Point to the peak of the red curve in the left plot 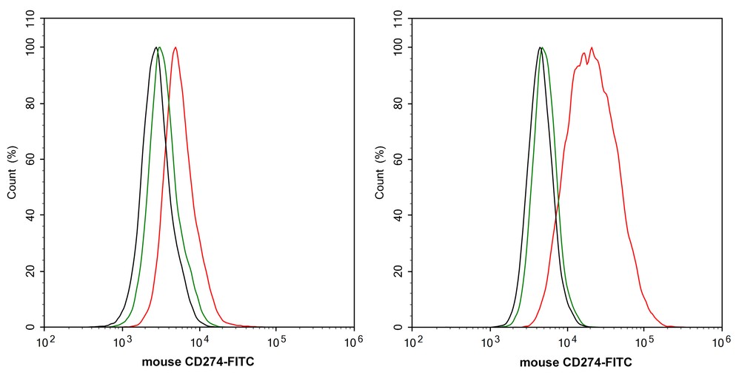(175, 48)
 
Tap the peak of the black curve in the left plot (155, 48)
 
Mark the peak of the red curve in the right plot (592, 48)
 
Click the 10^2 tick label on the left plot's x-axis (45, 342)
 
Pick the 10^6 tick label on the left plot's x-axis (353, 342)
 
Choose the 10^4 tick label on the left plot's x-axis (199, 342)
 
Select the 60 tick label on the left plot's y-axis (33, 159)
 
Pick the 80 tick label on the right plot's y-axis (401, 104)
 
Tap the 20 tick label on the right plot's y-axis (401, 271)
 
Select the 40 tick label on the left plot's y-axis (33, 215)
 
